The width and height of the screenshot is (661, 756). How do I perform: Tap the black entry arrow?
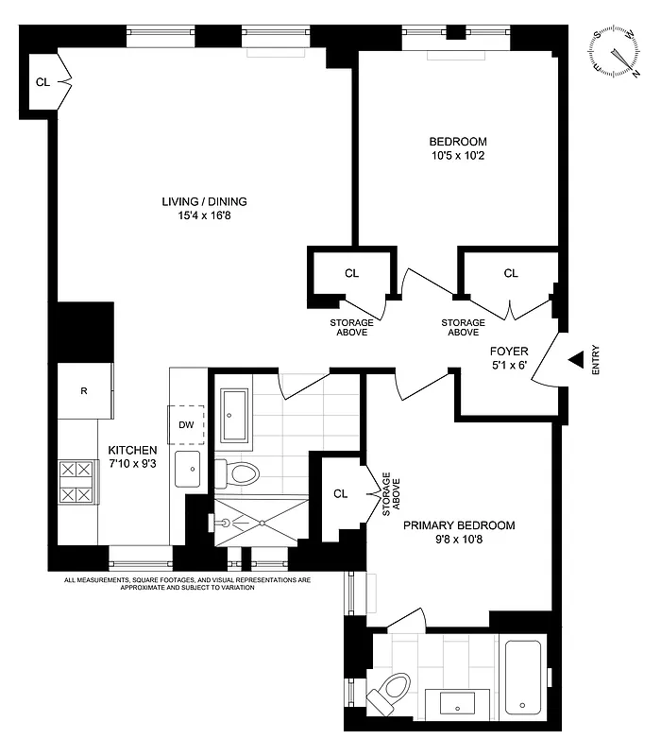[x=575, y=359]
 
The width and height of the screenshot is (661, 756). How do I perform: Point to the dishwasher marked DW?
[x=186, y=424]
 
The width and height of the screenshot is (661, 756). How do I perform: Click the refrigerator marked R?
[x=84, y=390]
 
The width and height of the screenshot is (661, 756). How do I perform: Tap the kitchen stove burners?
[x=77, y=481]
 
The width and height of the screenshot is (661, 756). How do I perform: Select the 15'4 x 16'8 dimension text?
[x=197, y=215]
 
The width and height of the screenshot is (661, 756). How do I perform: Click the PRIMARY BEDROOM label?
[x=459, y=525]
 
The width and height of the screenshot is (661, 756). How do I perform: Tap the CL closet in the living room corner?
[x=43, y=82]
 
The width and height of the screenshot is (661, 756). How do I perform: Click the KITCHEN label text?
[x=131, y=450]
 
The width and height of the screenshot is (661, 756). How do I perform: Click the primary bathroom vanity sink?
[x=459, y=702]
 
